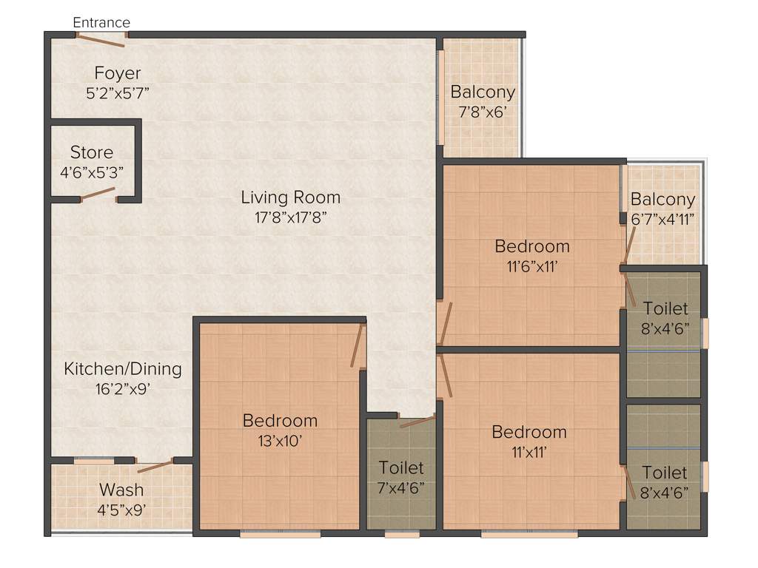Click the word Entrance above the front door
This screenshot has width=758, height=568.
(101, 22)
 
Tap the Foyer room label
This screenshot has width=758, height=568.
(118, 73)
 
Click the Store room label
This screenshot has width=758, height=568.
(92, 152)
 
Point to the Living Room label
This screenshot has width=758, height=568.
(290, 197)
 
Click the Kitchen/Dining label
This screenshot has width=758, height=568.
(122, 368)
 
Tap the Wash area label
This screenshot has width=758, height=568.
(121, 490)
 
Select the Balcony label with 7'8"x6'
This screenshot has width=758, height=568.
(483, 92)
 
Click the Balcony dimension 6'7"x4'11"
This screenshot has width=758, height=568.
(663, 218)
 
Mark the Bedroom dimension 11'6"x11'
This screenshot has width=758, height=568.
(531, 266)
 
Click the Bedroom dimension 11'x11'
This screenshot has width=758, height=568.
(529, 451)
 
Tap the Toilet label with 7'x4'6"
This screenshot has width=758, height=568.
(401, 468)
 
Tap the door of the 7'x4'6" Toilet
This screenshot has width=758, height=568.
(417, 422)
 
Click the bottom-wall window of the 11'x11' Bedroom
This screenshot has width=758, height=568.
(529, 532)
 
